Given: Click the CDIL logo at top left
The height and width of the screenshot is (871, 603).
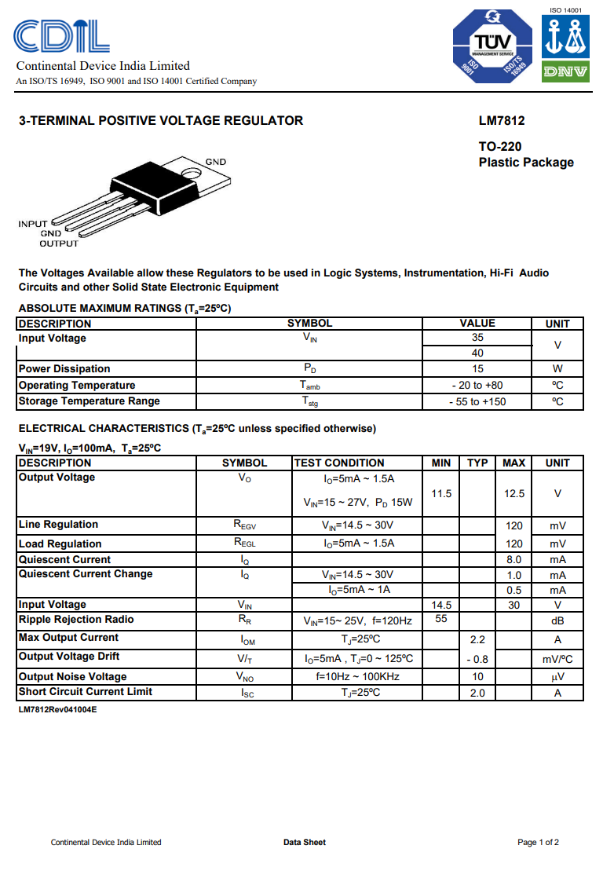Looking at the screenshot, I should pyautogui.click(x=61, y=36).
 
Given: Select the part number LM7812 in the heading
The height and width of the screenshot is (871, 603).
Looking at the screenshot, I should pyautogui.click(x=502, y=121).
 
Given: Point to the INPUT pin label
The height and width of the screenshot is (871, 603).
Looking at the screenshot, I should pyautogui.click(x=33, y=224).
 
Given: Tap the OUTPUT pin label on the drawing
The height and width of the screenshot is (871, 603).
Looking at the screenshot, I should pyautogui.click(x=59, y=243).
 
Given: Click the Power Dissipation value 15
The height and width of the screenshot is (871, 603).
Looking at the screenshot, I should pyautogui.click(x=477, y=368).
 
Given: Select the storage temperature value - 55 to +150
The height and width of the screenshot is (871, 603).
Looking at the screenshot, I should pyautogui.click(x=477, y=401).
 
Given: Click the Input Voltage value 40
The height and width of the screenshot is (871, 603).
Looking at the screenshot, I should pyautogui.click(x=477, y=353).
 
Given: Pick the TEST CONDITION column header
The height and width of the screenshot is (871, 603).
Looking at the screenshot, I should pyautogui.click(x=339, y=463).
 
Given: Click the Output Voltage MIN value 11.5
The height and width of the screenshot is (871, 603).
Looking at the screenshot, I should pyautogui.click(x=442, y=493).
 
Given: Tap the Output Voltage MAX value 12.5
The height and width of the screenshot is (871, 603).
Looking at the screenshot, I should pyautogui.click(x=514, y=493).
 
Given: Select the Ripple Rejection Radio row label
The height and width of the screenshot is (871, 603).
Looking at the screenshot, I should pyautogui.click(x=76, y=620).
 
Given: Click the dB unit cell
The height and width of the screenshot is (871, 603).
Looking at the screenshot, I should pyautogui.click(x=557, y=620).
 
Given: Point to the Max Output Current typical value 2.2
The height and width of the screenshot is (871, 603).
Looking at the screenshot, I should pyautogui.click(x=477, y=639).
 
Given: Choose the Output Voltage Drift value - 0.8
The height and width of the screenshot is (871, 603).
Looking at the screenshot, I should pyautogui.click(x=477, y=659).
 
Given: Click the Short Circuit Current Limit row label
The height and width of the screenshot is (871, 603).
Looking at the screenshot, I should pyautogui.click(x=86, y=692).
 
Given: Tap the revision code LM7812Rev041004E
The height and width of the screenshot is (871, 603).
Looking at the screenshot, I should pyautogui.click(x=58, y=709).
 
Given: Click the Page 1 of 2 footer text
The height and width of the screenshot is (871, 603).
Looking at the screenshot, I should pyautogui.click(x=538, y=842).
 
